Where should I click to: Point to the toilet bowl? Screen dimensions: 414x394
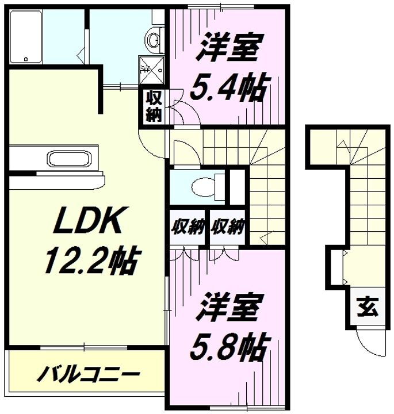coord(204,186)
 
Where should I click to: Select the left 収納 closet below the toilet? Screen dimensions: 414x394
coord(188,227)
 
